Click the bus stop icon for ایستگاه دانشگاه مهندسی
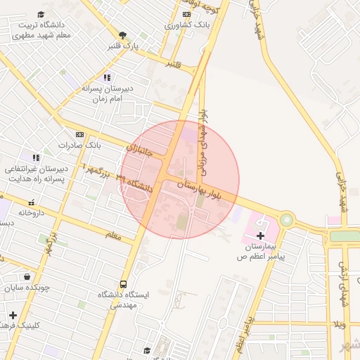point(124,285)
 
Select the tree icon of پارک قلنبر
point(122,35)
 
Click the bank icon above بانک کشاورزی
point(186,14)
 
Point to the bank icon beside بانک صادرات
point(79,134)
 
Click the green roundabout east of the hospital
point(286,220)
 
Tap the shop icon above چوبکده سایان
point(27,277)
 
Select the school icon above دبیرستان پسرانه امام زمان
point(106,77)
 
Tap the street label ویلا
point(341,325)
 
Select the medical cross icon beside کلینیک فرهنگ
point(13,314)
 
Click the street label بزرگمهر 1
point(96,171)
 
